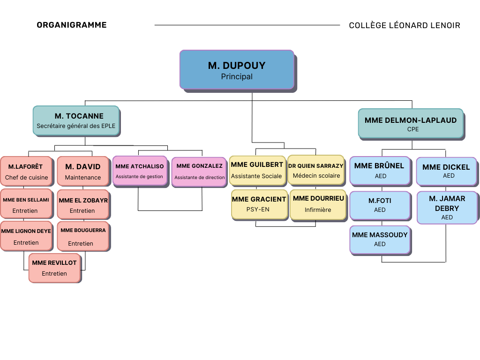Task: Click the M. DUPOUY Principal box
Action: click(x=237, y=69)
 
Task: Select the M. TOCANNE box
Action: click(x=76, y=120)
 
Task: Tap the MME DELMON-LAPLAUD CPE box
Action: click(x=411, y=123)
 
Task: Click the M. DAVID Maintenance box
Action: click(x=82, y=171)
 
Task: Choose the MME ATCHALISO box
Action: click(x=140, y=171)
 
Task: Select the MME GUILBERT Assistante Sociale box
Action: click(x=257, y=170)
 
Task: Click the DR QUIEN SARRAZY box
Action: click(x=316, y=170)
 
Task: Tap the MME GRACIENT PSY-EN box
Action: click(x=259, y=204)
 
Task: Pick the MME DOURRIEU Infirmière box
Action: click(x=318, y=204)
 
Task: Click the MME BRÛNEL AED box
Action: click(x=379, y=170)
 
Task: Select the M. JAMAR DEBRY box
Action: click(x=447, y=207)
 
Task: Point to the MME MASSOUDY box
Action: click(x=380, y=239)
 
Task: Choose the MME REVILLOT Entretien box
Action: click(x=54, y=268)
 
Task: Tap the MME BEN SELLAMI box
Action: click(x=26, y=204)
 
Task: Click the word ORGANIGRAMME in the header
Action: click(x=72, y=25)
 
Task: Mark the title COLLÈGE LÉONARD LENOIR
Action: click(x=405, y=25)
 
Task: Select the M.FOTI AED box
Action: click(x=380, y=205)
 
